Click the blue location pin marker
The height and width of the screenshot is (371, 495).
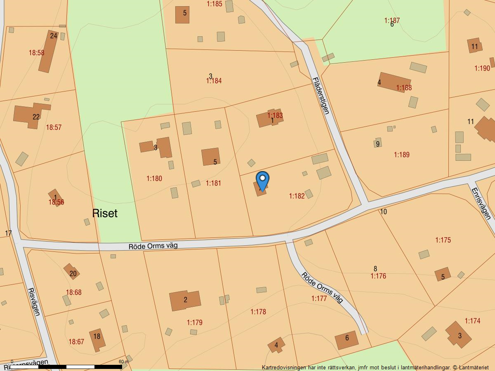click(x=262, y=180)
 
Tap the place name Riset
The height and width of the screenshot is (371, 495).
click(x=105, y=213)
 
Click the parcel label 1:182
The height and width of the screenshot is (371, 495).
click(x=297, y=196)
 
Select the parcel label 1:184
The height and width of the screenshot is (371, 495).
click(x=214, y=81)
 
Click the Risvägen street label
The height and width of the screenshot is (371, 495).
click(x=34, y=301)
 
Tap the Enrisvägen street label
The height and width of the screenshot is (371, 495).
click(x=481, y=204)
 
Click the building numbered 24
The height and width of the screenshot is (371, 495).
click(x=48, y=51)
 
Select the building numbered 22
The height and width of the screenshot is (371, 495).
click(x=30, y=115)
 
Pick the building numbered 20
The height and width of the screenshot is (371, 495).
click(x=72, y=272)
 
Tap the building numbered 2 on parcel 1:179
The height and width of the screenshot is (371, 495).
click(x=185, y=300)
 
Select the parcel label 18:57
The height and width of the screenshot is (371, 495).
click(x=54, y=127)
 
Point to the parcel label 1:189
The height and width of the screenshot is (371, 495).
click(x=401, y=155)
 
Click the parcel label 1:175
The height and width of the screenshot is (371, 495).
click(x=443, y=240)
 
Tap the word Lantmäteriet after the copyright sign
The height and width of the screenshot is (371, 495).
click(x=473, y=367)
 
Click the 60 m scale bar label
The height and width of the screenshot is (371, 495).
click(x=123, y=362)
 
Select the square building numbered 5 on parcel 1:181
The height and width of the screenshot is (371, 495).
click(x=210, y=157)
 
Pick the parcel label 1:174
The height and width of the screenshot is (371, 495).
click(x=472, y=321)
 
